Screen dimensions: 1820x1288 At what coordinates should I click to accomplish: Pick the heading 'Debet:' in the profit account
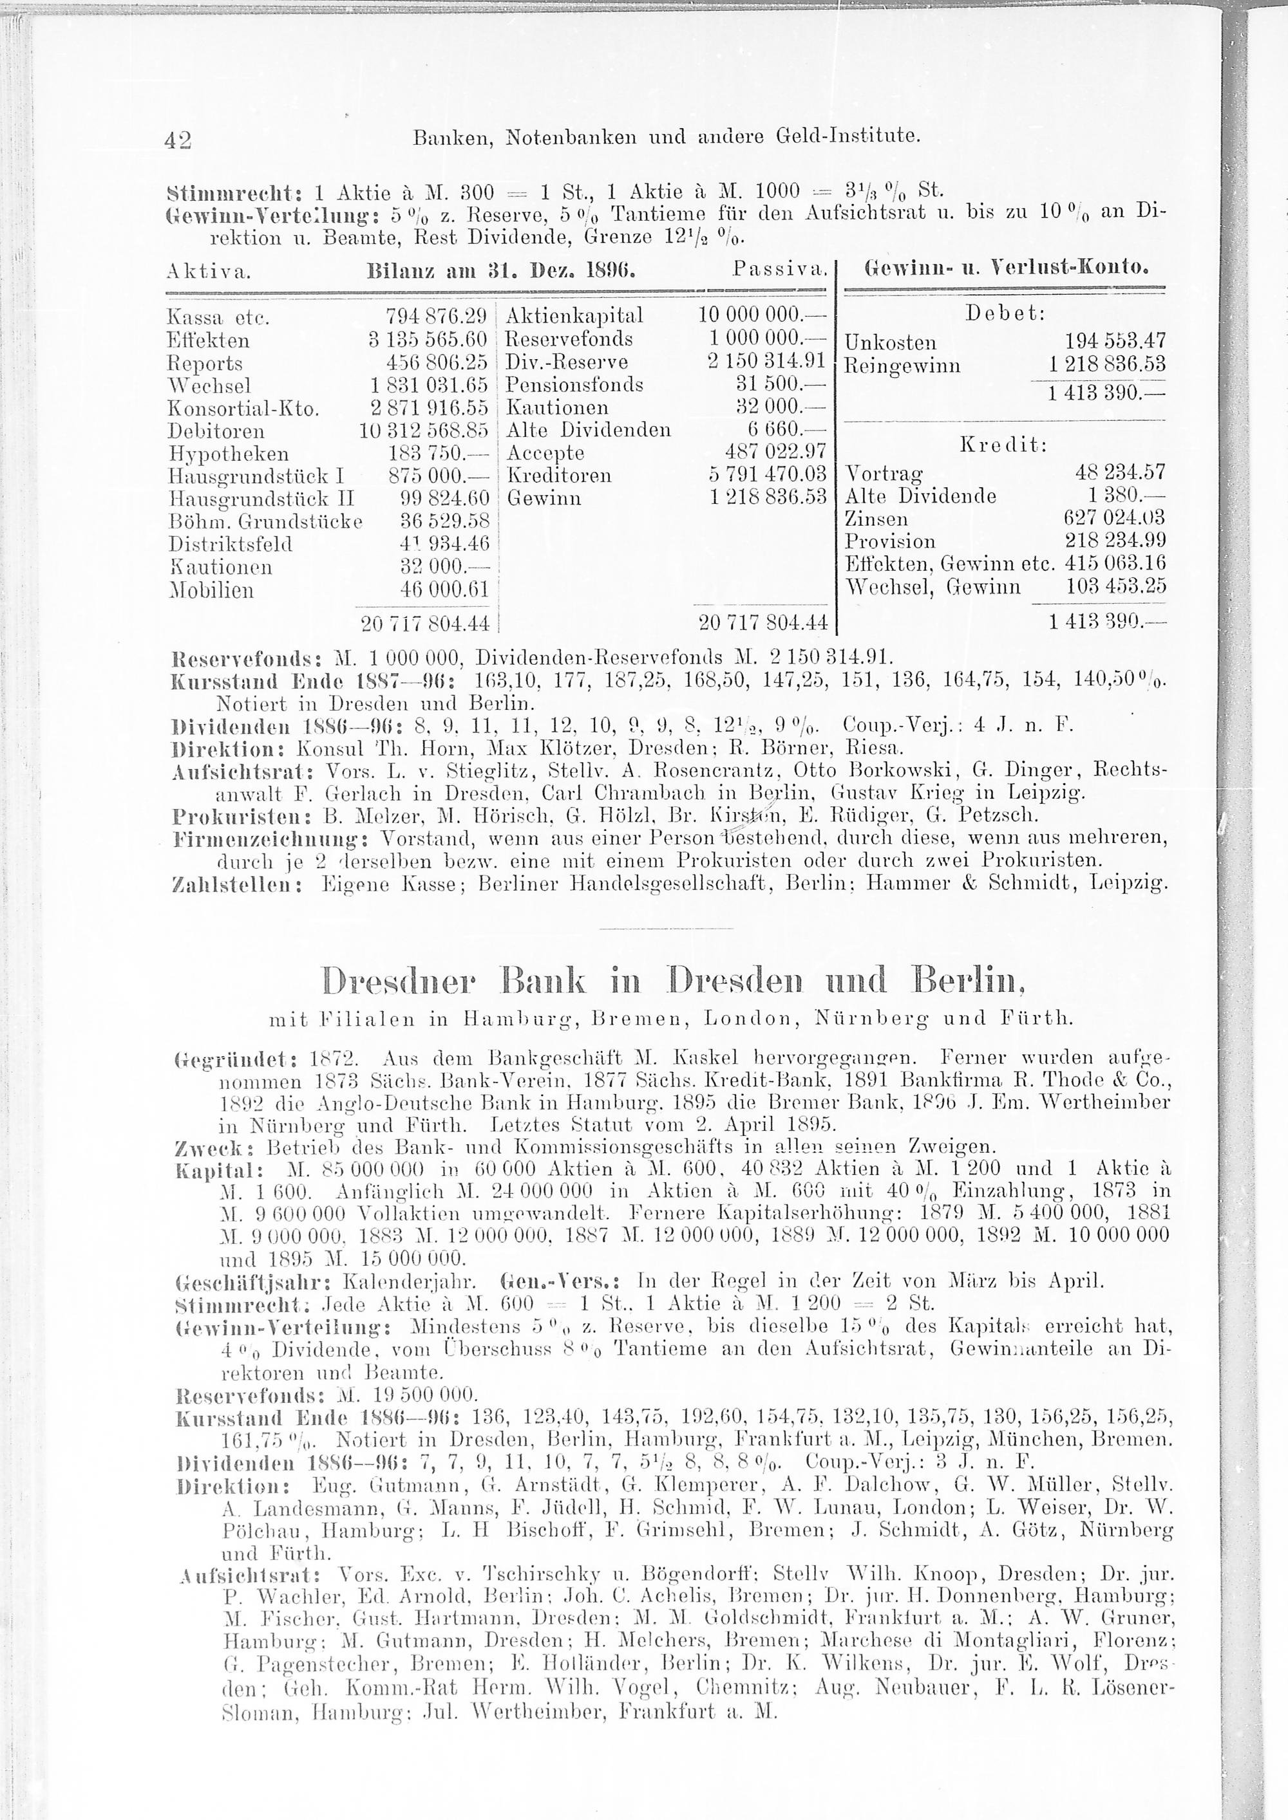1004,313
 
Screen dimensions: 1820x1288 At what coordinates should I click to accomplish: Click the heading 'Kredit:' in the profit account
1003,445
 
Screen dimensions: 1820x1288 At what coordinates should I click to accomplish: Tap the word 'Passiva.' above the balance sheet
781,270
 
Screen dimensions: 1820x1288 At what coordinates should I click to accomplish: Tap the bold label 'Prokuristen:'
244,815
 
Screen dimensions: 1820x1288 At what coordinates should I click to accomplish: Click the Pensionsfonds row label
574,385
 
